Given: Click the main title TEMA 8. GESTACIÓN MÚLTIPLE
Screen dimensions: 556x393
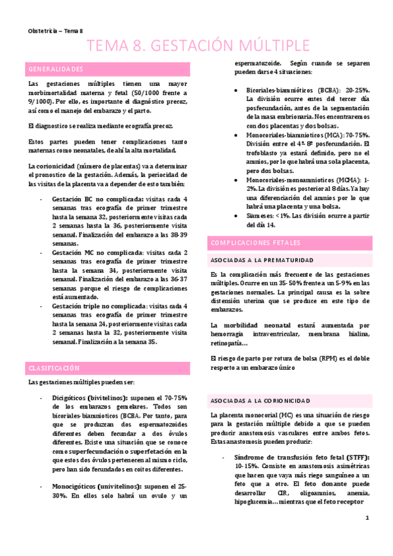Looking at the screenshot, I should point(199,45).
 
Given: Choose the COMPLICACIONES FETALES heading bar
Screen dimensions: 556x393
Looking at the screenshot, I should point(251,243).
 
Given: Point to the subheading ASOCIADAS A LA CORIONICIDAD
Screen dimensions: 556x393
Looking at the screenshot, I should point(256,400).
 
